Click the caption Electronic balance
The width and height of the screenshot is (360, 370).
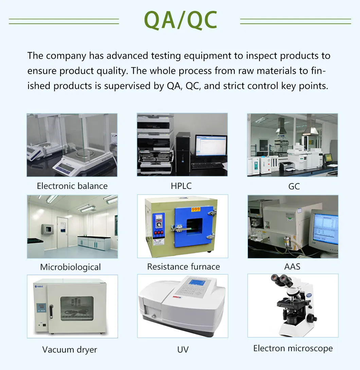click(x=72, y=186)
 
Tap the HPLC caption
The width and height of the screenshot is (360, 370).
click(x=181, y=186)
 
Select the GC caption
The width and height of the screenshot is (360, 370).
click(x=294, y=187)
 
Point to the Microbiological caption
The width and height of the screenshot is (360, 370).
click(x=70, y=267)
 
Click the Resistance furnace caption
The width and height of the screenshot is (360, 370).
click(x=183, y=267)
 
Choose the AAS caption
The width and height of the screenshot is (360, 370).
click(x=292, y=267)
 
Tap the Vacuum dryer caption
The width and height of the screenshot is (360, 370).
click(x=70, y=350)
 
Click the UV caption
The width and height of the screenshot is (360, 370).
click(x=183, y=350)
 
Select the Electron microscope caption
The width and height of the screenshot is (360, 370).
click(x=293, y=348)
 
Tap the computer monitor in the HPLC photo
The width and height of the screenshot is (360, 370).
click(x=211, y=146)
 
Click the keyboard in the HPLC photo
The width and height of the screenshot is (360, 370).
click(x=207, y=166)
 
